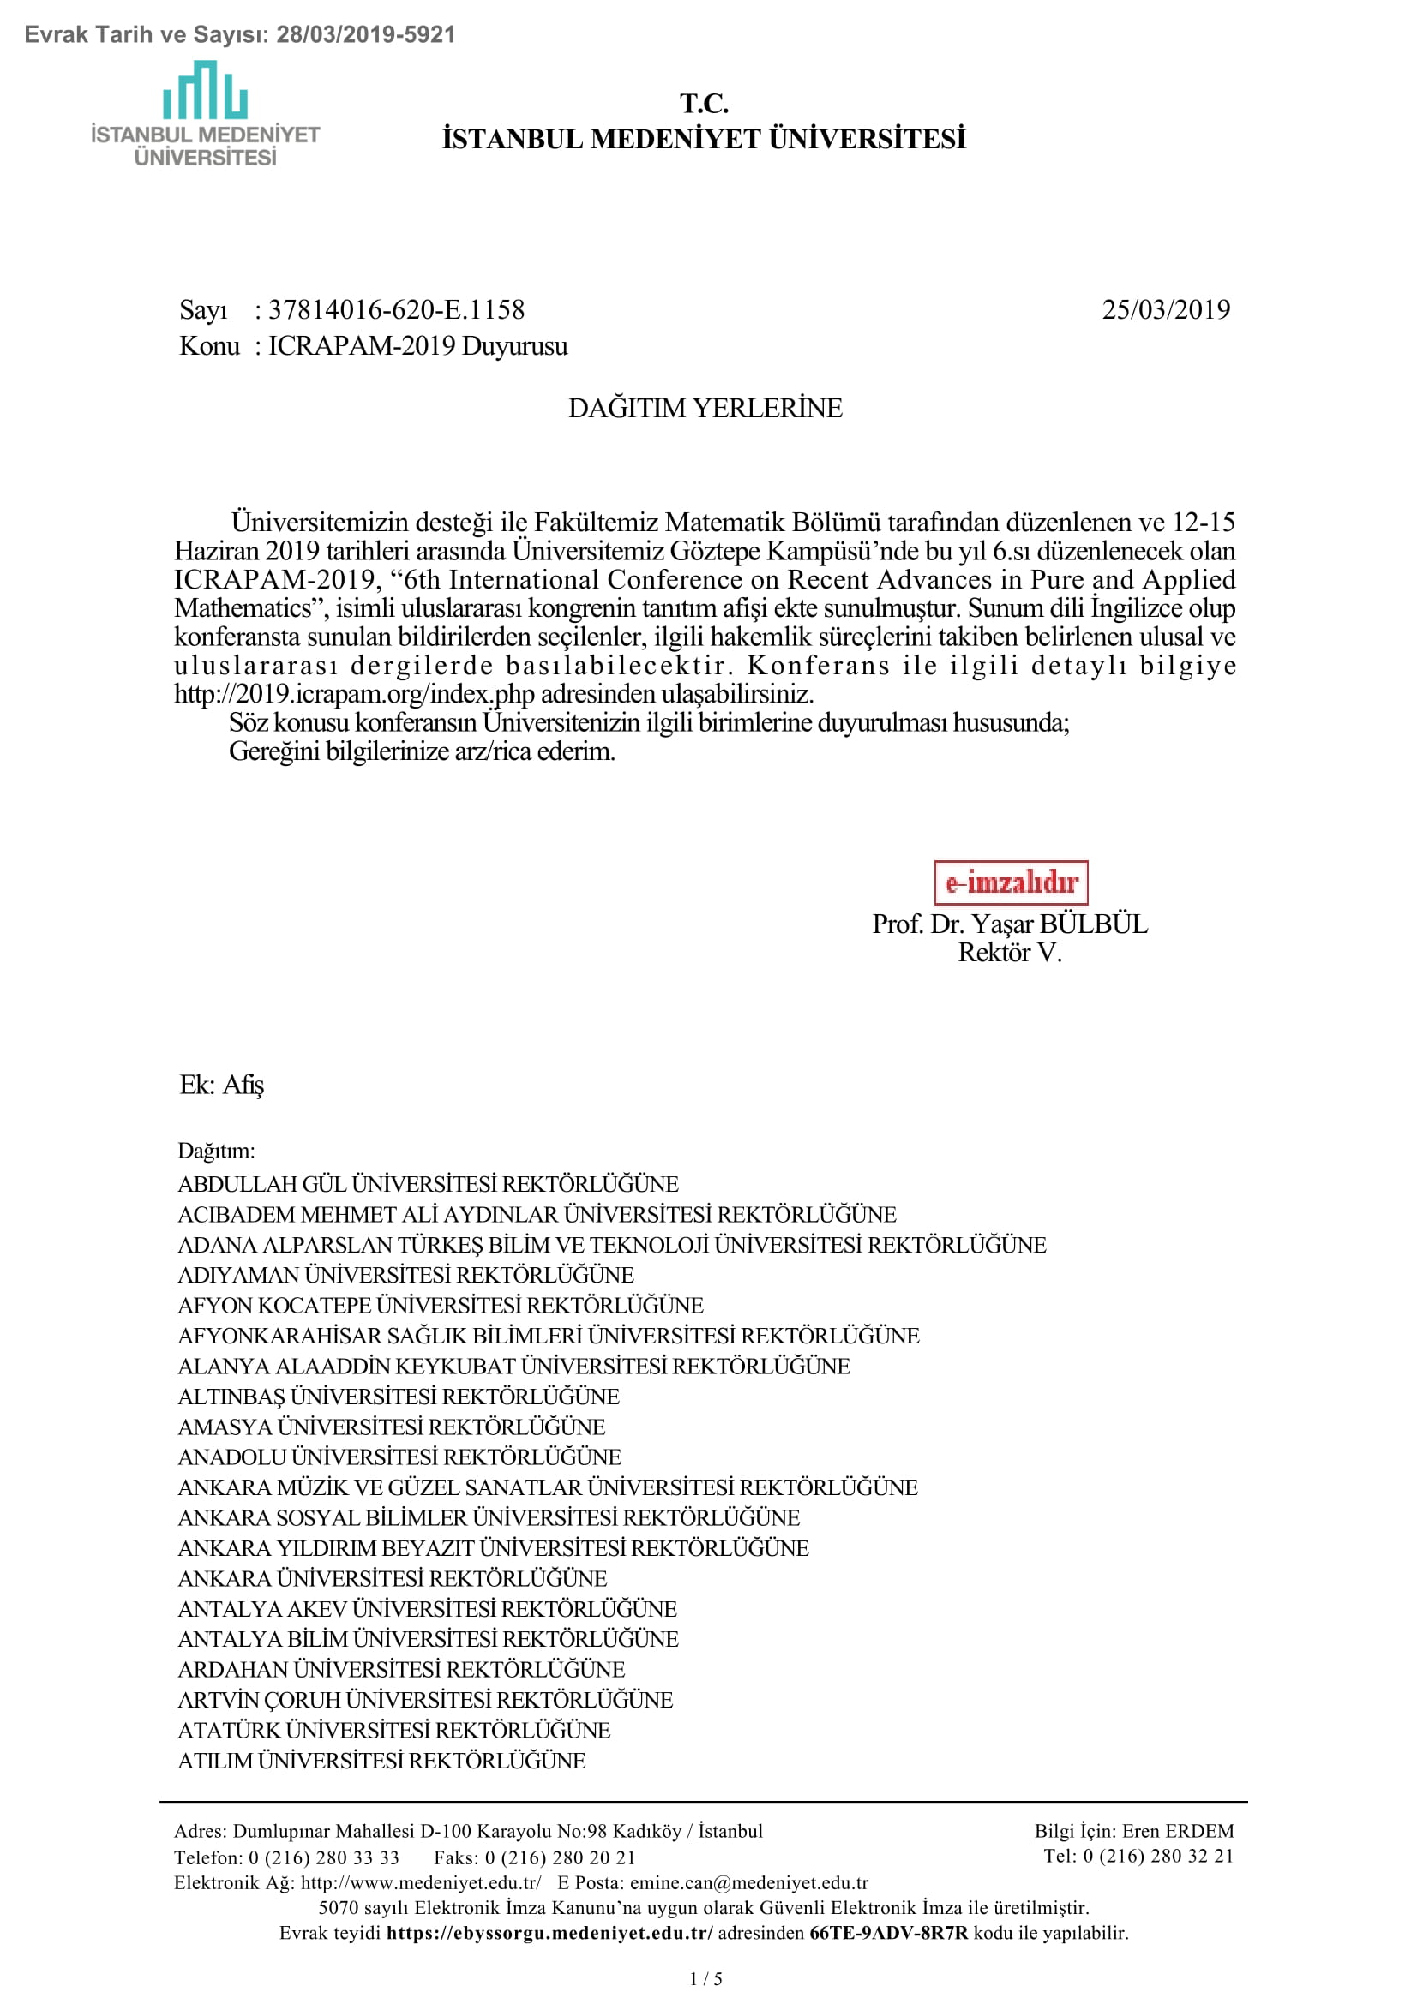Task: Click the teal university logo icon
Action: [x=204, y=90]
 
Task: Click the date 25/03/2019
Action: [x=1165, y=310]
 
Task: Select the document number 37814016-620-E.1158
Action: [x=395, y=310]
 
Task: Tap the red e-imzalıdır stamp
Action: [x=1010, y=882]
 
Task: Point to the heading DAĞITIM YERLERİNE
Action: [x=705, y=409]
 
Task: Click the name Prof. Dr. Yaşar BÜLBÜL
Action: [x=1009, y=924]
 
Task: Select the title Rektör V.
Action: [x=1009, y=952]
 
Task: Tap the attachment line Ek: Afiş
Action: [x=222, y=1085]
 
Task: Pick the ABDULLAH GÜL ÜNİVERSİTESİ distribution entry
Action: [x=428, y=1184]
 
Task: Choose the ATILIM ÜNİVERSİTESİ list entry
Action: [x=381, y=1761]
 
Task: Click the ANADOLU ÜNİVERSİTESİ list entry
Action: [x=399, y=1457]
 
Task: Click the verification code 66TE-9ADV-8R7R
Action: [x=888, y=1933]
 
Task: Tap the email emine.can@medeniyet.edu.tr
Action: [x=748, y=1882]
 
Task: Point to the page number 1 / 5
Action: [x=706, y=1979]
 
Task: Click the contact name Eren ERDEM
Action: [x=1177, y=1831]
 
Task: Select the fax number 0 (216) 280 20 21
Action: [x=560, y=1857]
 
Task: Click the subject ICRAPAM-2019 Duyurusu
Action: [x=417, y=346]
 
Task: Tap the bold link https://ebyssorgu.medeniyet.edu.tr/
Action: [x=549, y=1933]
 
